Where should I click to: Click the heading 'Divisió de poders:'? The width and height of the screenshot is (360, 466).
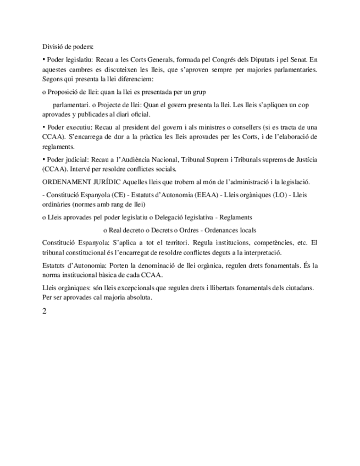(68, 47)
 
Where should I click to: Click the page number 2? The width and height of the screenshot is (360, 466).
(45, 312)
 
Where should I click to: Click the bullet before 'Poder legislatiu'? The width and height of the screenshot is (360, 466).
(44, 58)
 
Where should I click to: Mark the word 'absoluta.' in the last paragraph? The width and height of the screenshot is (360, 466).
(136, 298)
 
